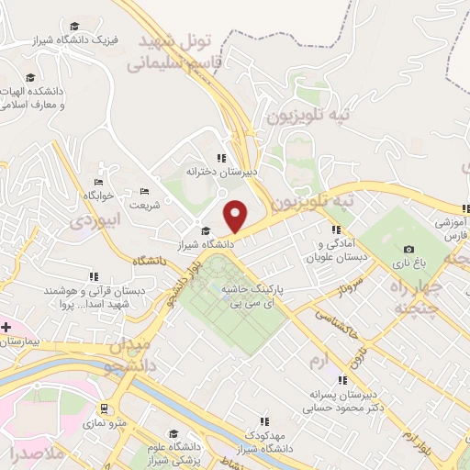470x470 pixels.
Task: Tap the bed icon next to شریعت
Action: (144, 192)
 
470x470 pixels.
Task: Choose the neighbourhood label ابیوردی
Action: (95, 221)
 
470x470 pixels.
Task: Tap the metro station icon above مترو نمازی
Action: (105, 408)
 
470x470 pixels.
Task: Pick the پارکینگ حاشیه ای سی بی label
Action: (253, 296)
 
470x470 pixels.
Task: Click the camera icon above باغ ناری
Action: (408, 249)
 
